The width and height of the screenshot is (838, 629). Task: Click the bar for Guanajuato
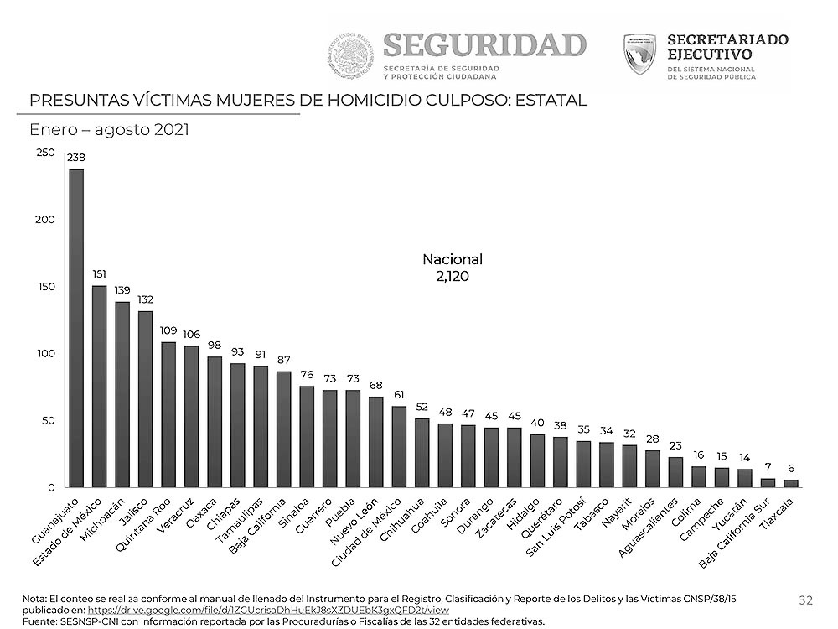[76, 327]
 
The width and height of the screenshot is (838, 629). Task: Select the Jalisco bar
[145, 398]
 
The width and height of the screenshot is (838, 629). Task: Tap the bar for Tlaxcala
[791, 483]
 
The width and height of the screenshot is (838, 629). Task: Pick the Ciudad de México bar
[399, 446]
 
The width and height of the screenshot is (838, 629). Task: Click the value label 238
[76, 158]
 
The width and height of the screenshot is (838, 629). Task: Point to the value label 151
[99, 274]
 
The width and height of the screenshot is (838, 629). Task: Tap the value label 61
[399, 395]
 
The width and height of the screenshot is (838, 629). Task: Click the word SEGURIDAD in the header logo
[484, 44]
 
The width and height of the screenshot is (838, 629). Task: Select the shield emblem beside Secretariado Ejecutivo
[640, 54]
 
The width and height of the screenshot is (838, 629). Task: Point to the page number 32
[805, 600]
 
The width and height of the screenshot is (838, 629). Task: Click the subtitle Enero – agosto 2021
[109, 130]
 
